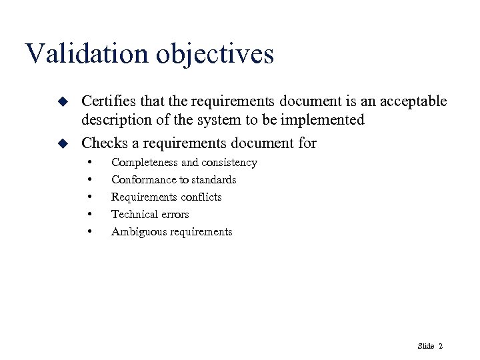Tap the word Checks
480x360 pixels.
point(101,143)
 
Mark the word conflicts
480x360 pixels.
point(198,197)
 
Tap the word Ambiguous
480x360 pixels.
point(136,232)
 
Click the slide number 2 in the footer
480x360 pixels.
point(441,346)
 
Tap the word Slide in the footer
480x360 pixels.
point(425,346)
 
